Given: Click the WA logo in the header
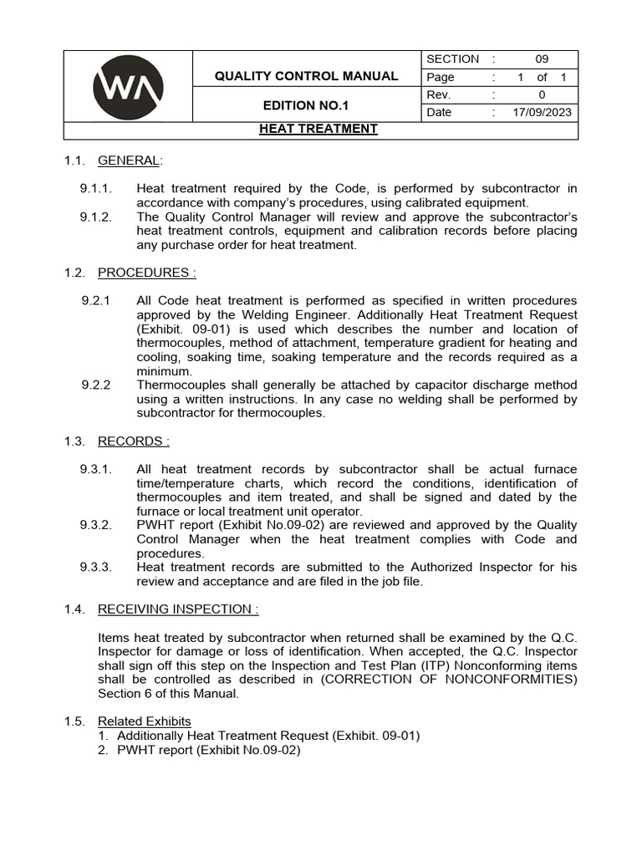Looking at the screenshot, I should pyautogui.click(x=128, y=86).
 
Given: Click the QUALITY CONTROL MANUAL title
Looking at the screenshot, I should pyautogui.click(x=306, y=76).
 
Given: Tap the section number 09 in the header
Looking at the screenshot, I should pyautogui.click(x=542, y=59).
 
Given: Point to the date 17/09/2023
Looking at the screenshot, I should pyautogui.click(x=542, y=112).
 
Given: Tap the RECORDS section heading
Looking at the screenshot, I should pyautogui.click(x=134, y=441).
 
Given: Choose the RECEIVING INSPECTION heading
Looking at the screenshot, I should pyautogui.click(x=178, y=609).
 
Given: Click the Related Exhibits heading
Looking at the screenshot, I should pyautogui.click(x=144, y=721).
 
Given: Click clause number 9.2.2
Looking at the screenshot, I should pyautogui.click(x=96, y=385).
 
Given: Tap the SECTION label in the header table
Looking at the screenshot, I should pyautogui.click(x=452, y=59).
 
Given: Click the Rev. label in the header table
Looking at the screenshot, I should pyautogui.click(x=439, y=94).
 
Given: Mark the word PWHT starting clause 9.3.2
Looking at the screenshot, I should pyautogui.click(x=154, y=525).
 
